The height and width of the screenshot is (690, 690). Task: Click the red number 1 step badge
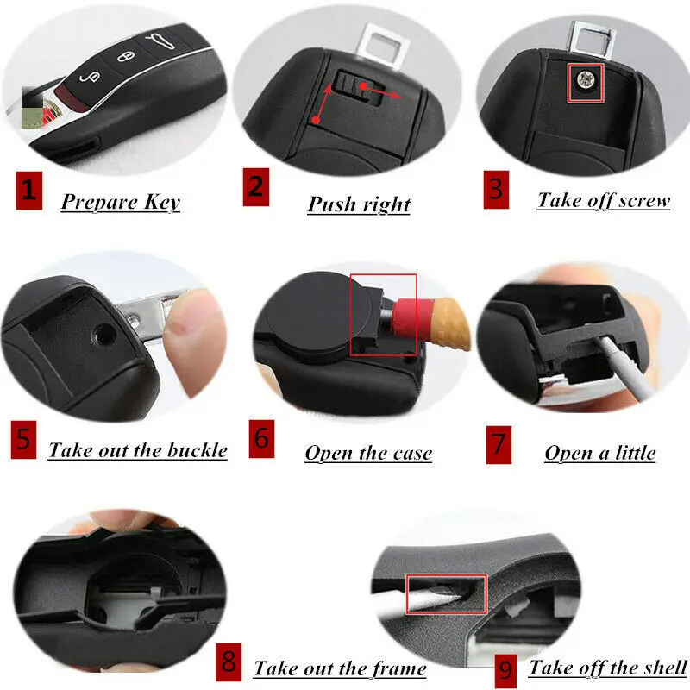pyautogui.click(x=29, y=190)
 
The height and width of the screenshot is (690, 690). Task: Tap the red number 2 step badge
pyautogui.click(x=255, y=187)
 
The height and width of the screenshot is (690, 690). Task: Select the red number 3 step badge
pyautogui.click(x=496, y=190)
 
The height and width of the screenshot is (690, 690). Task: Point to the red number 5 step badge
pyautogui.click(x=24, y=440)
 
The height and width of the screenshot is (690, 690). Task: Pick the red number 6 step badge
pyautogui.click(x=261, y=439)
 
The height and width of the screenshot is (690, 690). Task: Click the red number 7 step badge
pyautogui.click(x=499, y=445)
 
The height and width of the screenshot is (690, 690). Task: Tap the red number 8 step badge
pyautogui.click(x=229, y=662)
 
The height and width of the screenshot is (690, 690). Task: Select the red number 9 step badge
pyautogui.click(x=505, y=671)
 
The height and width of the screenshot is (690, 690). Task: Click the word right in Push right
pyautogui.click(x=386, y=204)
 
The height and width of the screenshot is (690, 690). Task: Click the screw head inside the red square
pyautogui.click(x=586, y=80)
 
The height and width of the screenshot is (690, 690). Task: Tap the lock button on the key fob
pyautogui.click(x=125, y=57)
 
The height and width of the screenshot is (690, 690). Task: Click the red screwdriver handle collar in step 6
pyautogui.click(x=407, y=317)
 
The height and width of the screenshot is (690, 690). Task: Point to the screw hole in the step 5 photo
pyautogui.click(x=103, y=336)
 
